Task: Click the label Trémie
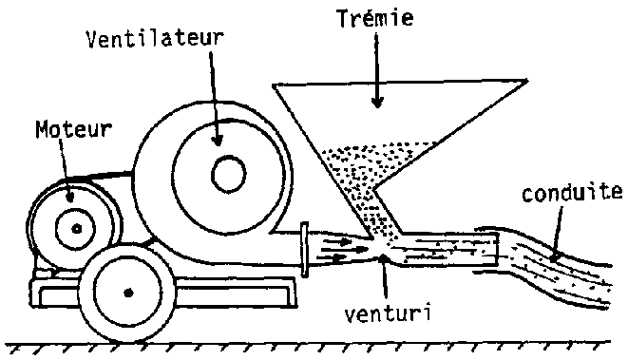point(375,18)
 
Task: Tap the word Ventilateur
point(156,38)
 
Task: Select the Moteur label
point(74,129)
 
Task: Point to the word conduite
point(573,193)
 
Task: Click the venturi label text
point(388,313)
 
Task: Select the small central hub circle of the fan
point(228,174)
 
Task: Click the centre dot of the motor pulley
point(77,229)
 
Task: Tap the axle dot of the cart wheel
point(128,294)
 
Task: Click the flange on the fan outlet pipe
point(305,250)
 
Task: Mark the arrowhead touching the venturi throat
point(383,258)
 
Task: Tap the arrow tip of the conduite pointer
point(553,258)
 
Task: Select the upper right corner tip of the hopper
point(527,81)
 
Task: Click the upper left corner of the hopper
point(274,85)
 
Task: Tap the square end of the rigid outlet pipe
point(498,250)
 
